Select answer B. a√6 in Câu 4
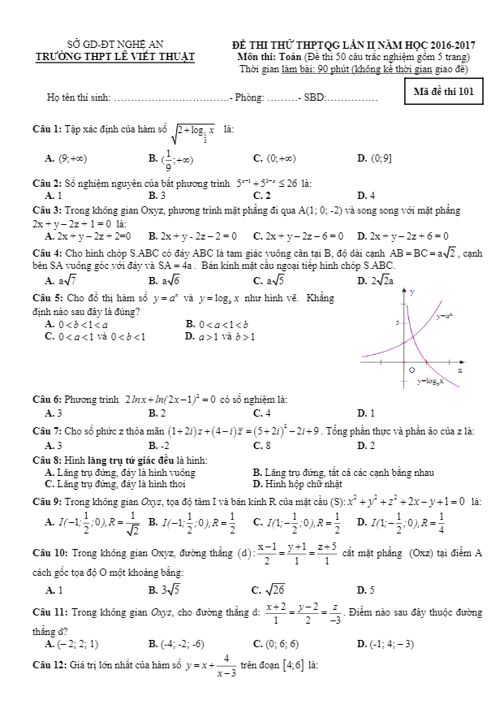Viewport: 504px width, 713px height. (165, 280)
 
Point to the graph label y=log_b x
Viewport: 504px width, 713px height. (433, 379)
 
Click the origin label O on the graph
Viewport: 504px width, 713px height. (411, 367)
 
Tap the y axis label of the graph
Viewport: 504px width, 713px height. (413, 291)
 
